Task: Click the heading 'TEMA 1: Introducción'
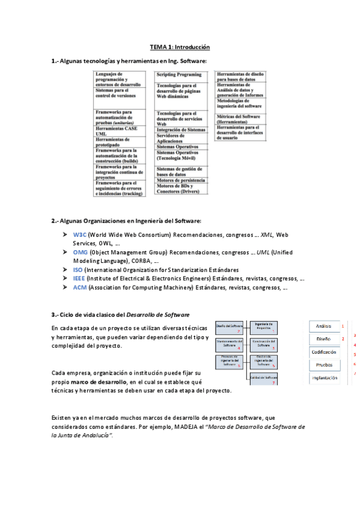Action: [180, 46]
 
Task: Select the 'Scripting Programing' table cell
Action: [180, 75]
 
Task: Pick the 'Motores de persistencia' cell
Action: [180, 180]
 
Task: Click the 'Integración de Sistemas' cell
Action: [180, 130]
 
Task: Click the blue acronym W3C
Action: [79, 234]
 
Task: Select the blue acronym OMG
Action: [80, 252]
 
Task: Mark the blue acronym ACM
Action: [80, 288]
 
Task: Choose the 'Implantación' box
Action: [323, 378]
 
